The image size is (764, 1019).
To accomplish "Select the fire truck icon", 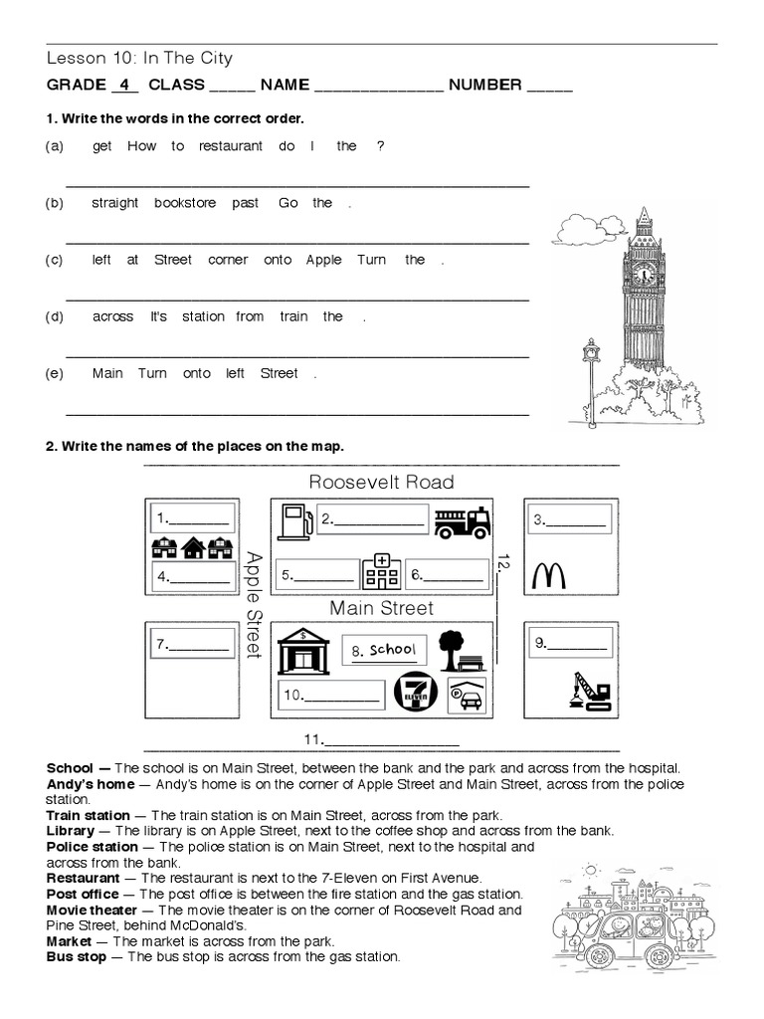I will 463,521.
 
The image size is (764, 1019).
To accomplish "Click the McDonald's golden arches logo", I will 550,575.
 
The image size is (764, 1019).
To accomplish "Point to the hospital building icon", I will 380,571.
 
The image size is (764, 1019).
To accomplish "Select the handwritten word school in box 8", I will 391,650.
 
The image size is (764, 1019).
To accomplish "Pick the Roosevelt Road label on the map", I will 381,483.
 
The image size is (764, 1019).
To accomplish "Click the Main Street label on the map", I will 381,607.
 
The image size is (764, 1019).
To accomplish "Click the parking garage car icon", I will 466,695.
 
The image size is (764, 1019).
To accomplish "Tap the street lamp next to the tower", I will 591,378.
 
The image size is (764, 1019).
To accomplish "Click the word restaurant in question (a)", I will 231,146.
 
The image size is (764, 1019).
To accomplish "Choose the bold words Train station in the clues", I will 89,815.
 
